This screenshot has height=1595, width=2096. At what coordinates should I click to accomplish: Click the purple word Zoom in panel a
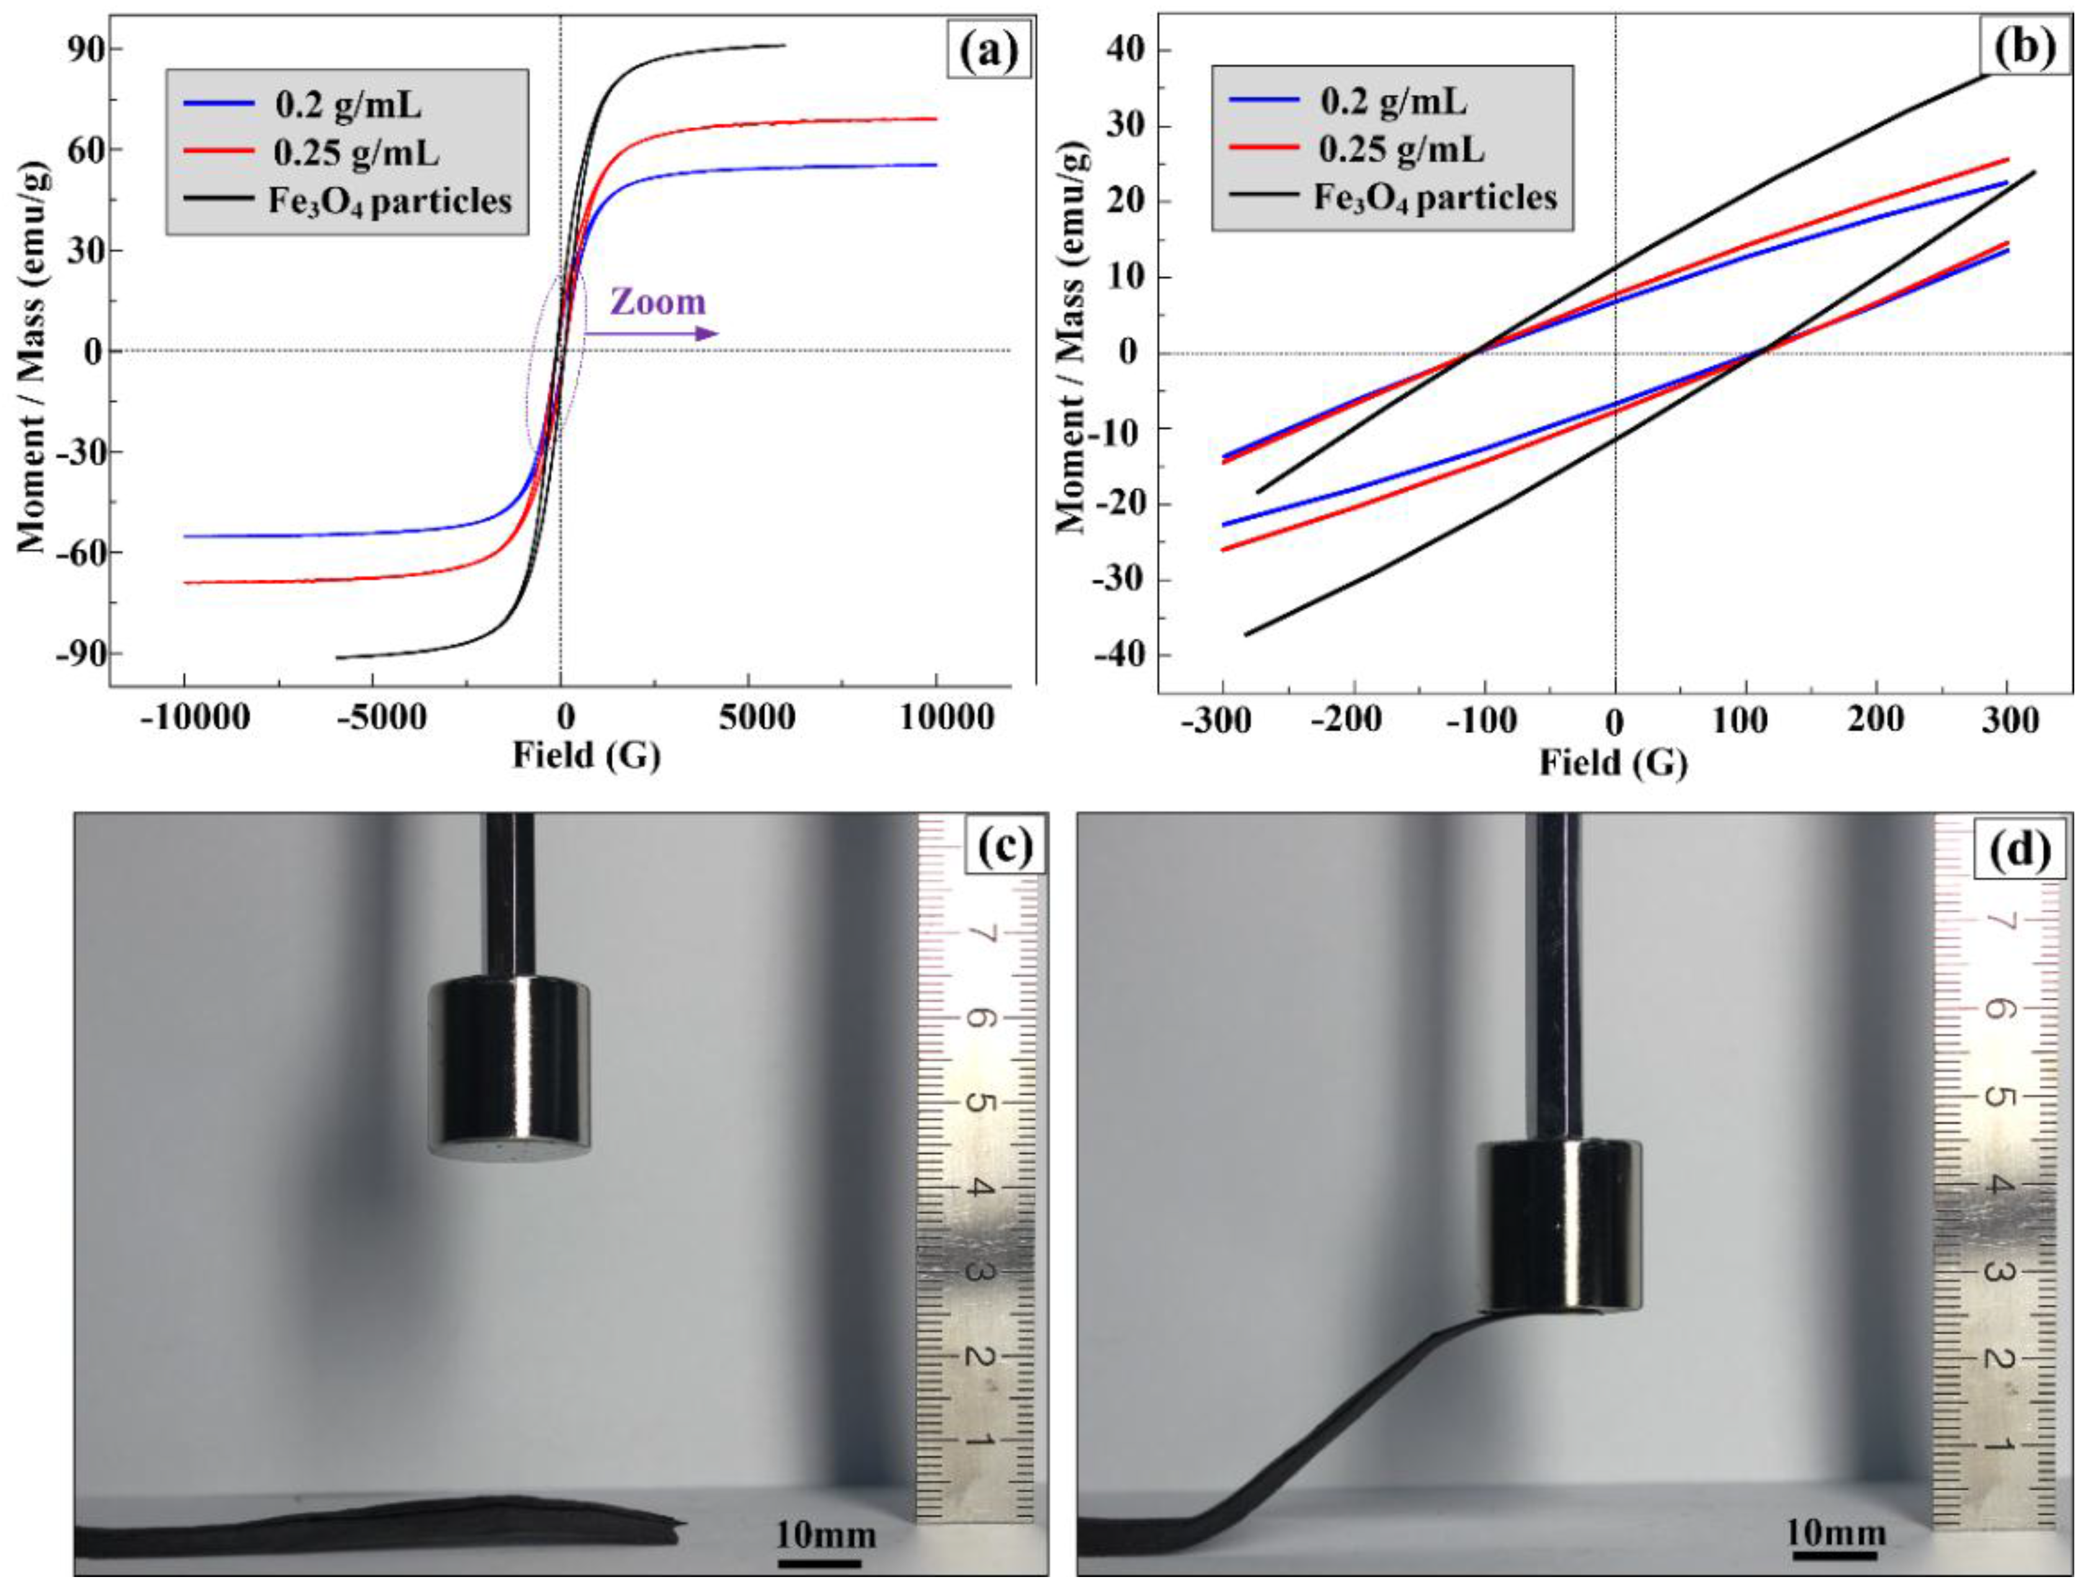click(658, 302)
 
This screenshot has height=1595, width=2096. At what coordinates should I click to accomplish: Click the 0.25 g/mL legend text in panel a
click(356, 152)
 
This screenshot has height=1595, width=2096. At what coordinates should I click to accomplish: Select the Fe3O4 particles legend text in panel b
click(1435, 197)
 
